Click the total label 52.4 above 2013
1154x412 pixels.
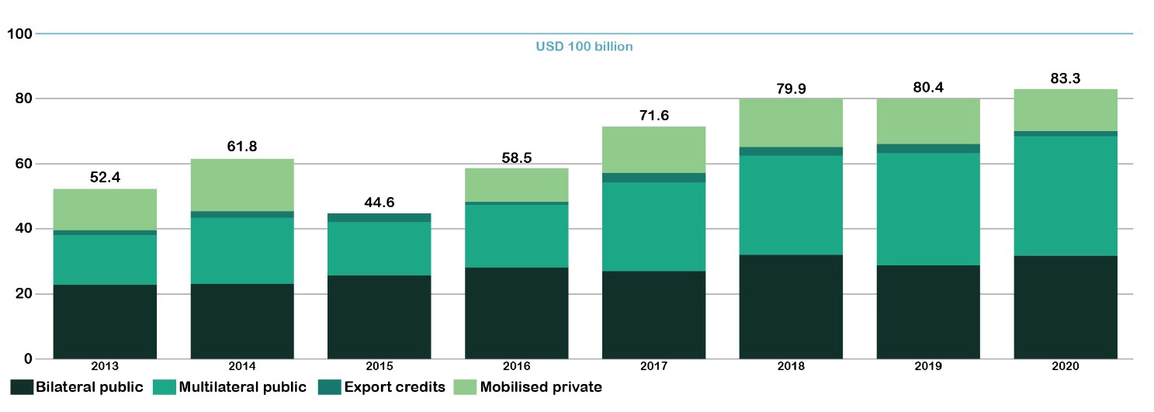click(105, 178)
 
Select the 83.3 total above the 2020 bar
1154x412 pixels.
click(1066, 78)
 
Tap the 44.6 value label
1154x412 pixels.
click(379, 203)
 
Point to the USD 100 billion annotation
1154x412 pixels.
click(584, 47)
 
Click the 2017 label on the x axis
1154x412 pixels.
click(653, 366)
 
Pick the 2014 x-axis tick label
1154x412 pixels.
click(242, 366)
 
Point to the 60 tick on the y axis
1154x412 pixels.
click(21, 164)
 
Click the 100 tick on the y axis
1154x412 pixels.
click(18, 34)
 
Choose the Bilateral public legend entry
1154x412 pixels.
click(78, 386)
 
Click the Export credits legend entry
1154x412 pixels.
click(383, 386)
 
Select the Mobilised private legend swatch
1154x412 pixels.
click(466, 386)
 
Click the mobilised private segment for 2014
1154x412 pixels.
click(242, 185)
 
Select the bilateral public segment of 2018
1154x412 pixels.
click(791, 306)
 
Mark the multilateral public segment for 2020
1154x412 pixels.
click(1066, 196)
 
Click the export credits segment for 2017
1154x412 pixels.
click(653, 178)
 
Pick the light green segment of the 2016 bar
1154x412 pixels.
click(516, 185)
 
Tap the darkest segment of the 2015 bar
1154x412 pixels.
click(379, 317)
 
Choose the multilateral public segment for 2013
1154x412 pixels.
click(105, 259)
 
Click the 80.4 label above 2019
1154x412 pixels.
click(928, 88)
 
